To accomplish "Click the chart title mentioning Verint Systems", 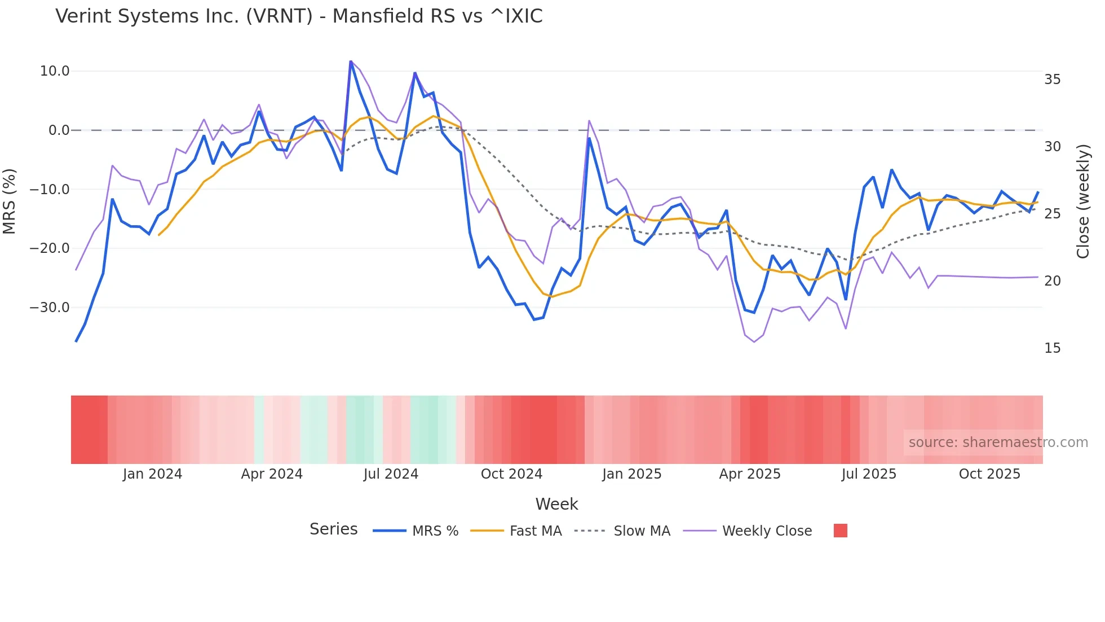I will [299, 16].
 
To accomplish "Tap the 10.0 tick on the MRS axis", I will [55, 71].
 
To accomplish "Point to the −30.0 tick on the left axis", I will [50, 308].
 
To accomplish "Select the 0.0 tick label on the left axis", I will [59, 130].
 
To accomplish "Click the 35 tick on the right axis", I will [1052, 80].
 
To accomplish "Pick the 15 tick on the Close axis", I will [1052, 348].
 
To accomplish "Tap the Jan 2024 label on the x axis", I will [152, 474].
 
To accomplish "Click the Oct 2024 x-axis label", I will [511, 474].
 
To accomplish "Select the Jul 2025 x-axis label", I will [869, 474].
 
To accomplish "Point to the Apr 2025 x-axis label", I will [750, 474].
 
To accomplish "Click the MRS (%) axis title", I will [10, 202].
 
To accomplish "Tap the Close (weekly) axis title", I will [1083, 202].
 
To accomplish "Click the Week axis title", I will [556, 504].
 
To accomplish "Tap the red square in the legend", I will [840, 531].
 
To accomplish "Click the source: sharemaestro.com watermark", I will [998, 443].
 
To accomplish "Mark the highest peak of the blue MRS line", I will [351, 62].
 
